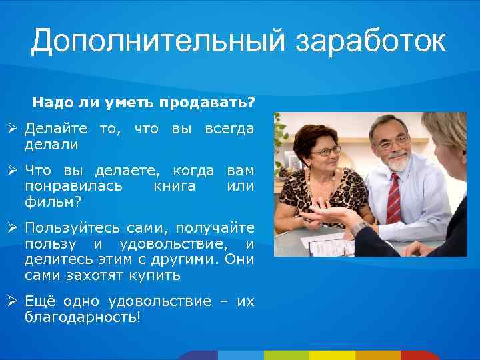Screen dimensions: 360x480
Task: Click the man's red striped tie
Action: tap(394, 198)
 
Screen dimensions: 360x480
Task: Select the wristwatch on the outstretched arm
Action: tap(358, 229)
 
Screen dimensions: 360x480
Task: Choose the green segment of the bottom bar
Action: tap(286, 355)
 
